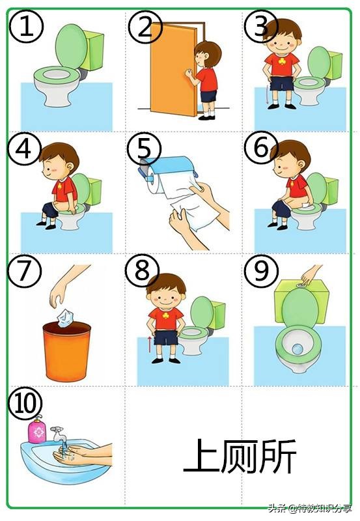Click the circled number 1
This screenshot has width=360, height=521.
coord(26,26)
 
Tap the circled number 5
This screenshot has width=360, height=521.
coord(144,148)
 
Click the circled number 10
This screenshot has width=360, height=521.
coord(25,404)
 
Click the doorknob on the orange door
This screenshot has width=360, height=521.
coord(189,73)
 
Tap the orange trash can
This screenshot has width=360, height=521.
coord(67,351)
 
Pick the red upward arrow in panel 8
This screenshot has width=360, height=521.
coord(150,345)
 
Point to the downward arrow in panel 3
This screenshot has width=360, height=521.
coord(266,95)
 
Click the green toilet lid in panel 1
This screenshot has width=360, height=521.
coord(71,46)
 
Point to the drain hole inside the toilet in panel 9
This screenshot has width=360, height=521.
coord(298,348)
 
